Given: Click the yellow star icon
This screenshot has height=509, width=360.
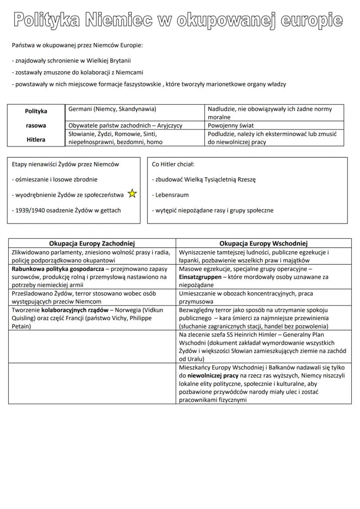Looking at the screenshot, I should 132,194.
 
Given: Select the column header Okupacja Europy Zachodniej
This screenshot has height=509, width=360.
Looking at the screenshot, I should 92,243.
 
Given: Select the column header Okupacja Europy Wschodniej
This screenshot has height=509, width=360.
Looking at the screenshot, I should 263,243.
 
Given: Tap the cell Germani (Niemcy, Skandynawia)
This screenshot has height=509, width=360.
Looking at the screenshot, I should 112,109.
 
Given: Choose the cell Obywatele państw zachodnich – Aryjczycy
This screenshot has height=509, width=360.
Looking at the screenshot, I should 125,126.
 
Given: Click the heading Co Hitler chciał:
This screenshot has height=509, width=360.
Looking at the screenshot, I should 173,164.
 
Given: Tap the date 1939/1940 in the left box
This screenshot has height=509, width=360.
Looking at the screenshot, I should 26,210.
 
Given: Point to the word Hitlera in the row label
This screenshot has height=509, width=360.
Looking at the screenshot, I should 36,140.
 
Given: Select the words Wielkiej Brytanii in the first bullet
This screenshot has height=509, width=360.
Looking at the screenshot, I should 110,60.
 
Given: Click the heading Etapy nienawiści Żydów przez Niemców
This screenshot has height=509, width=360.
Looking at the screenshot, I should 65,164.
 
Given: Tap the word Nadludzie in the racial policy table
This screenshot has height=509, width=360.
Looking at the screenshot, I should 222,109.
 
